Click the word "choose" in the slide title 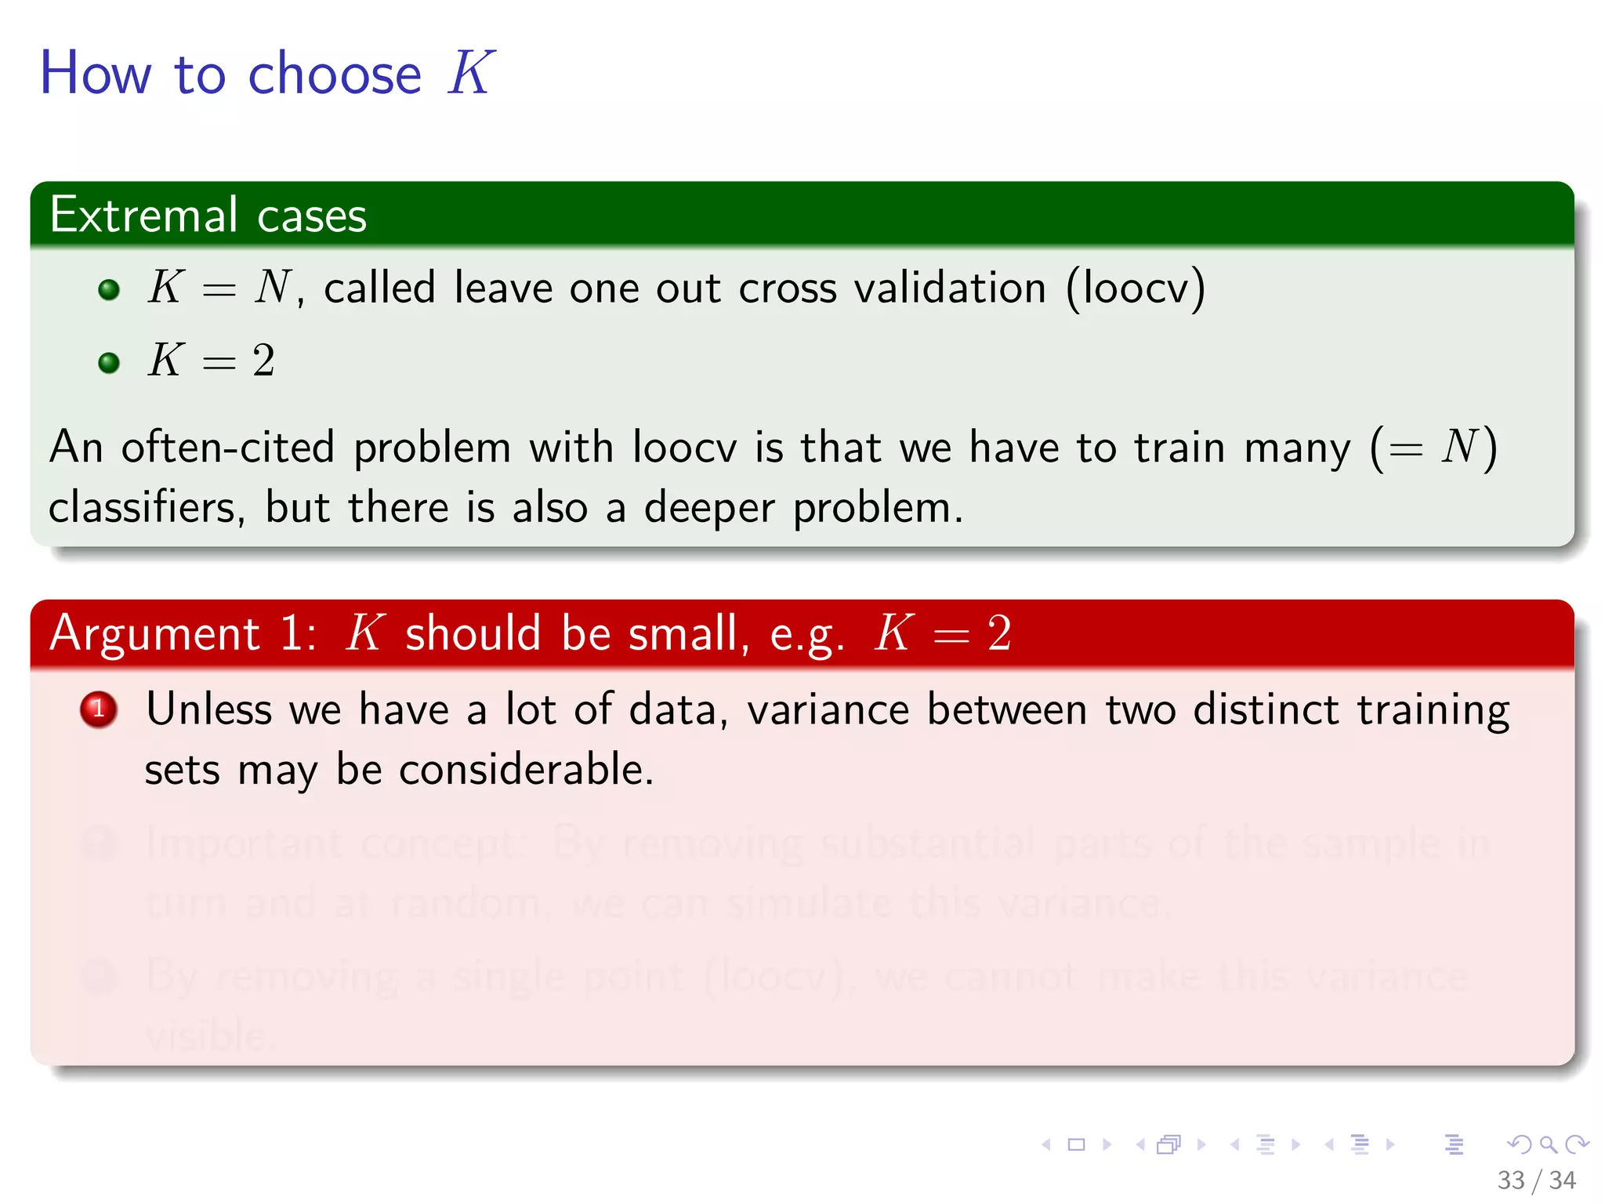click(335, 74)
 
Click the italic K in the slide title click(470, 73)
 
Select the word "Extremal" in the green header click(143, 215)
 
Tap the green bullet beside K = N click(109, 290)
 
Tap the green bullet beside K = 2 click(109, 363)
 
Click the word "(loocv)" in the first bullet click(1135, 288)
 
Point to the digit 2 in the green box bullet click(263, 361)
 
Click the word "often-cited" click(228, 448)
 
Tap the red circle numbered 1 click(99, 709)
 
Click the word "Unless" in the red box click(209, 709)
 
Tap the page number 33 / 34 click(1536, 1180)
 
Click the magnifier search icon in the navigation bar click(1548, 1144)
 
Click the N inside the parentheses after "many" click(1458, 447)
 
